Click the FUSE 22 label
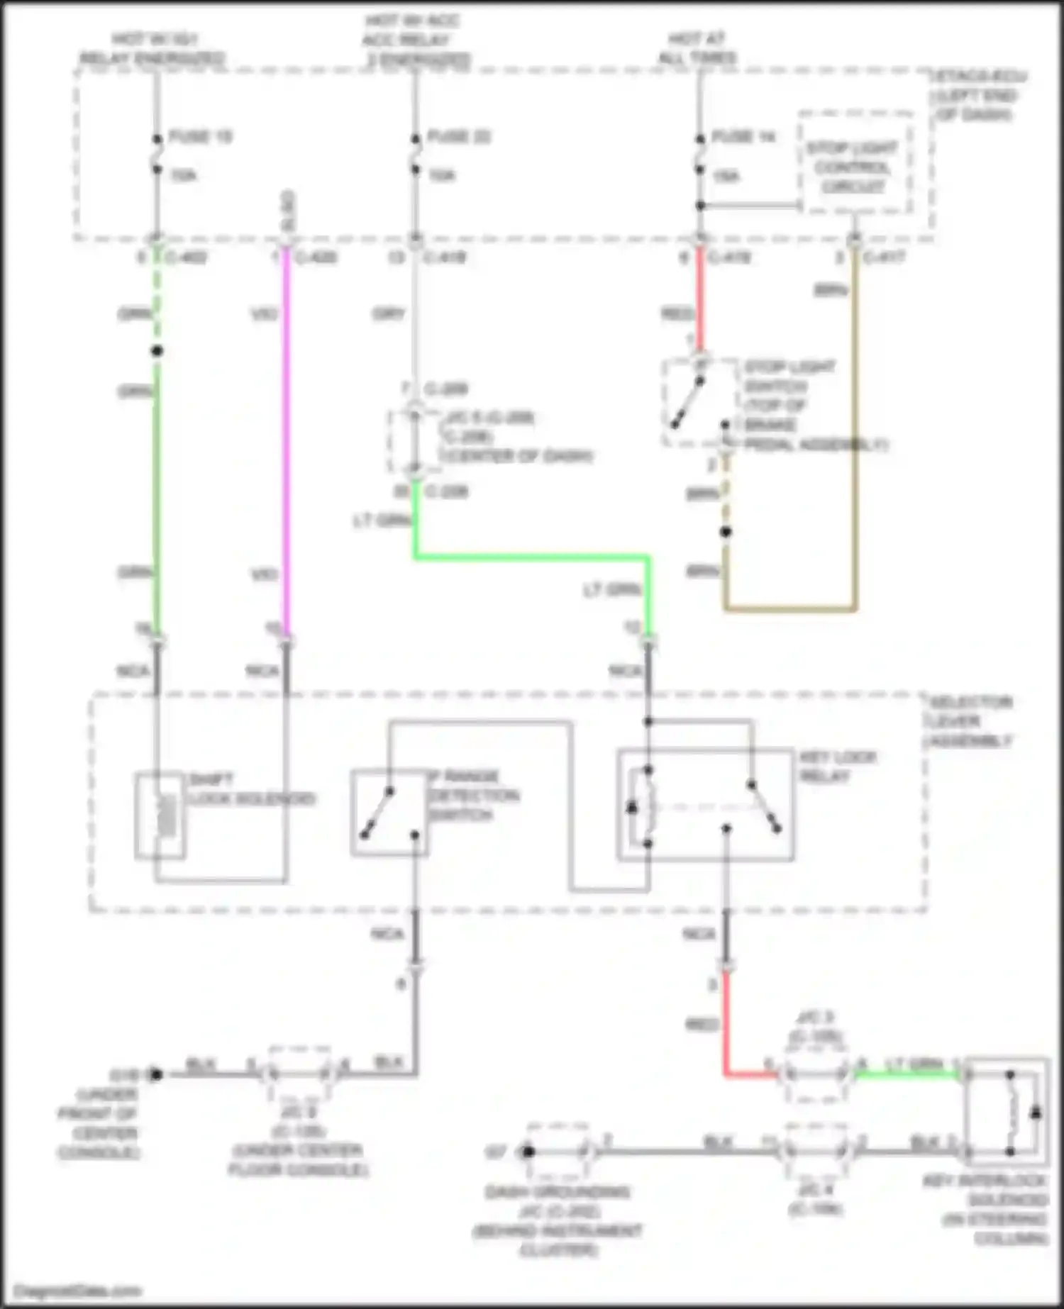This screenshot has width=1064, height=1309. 459,136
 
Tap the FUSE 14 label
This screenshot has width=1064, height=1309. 743,136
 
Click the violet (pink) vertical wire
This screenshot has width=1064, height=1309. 287,440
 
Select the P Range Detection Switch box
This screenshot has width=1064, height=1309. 389,813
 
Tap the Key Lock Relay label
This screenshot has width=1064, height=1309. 837,767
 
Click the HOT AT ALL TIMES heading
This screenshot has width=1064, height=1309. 697,48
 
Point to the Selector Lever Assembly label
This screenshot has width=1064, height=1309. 970,722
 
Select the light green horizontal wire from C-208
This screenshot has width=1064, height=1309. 532,557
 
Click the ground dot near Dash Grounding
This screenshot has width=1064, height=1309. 527,1152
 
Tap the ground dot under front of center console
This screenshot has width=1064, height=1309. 156,1074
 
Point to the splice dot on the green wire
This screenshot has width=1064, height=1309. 157,351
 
